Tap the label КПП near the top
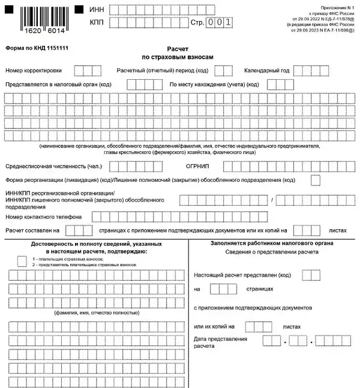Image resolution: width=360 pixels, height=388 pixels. pyautogui.click(x=95, y=22)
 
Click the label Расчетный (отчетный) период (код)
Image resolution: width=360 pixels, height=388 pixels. pyautogui.click(x=163, y=71)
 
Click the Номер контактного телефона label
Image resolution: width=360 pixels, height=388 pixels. pyautogui.click(x=43, y=216)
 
